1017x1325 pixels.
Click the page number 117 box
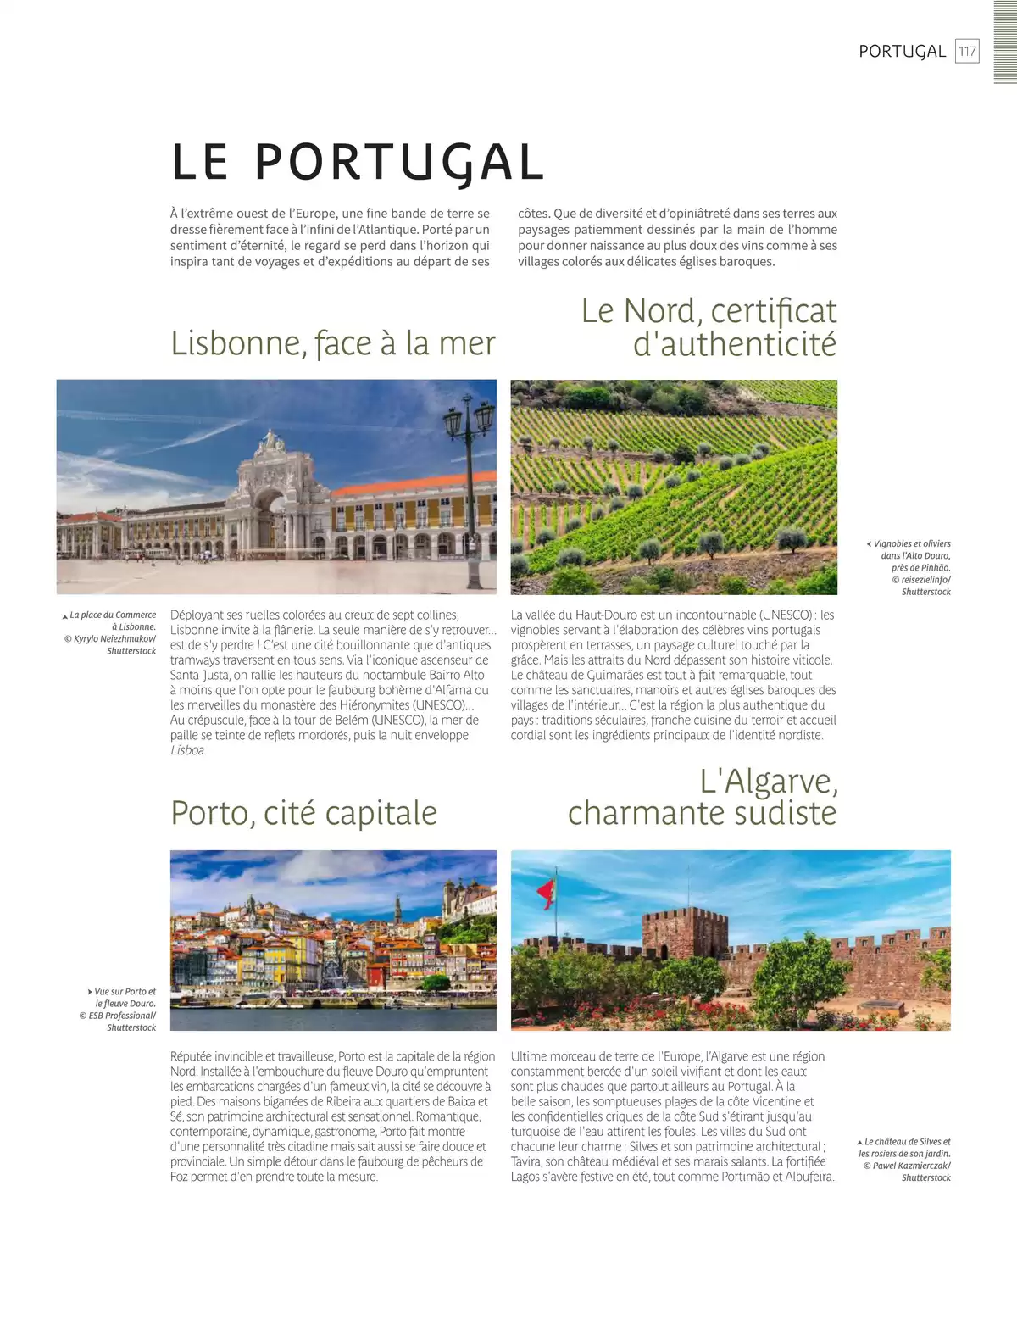click(967, 51)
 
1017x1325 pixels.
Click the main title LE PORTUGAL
click(357, 161)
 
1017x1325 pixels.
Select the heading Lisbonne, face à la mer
click(333, 343)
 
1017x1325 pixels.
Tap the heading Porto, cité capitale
click(303, 813)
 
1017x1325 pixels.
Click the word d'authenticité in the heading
click(735, 344)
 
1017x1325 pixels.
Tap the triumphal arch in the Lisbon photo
click(270, 492)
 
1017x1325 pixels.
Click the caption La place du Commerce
click(111, 615)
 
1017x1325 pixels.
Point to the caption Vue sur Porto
click(124, 992)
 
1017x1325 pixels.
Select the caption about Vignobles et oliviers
click(912, 544)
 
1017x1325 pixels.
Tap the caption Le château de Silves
click(906, 1142)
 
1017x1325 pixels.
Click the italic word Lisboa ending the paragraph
click(187, 751)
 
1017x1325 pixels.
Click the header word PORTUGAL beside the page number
click(902, 51)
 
